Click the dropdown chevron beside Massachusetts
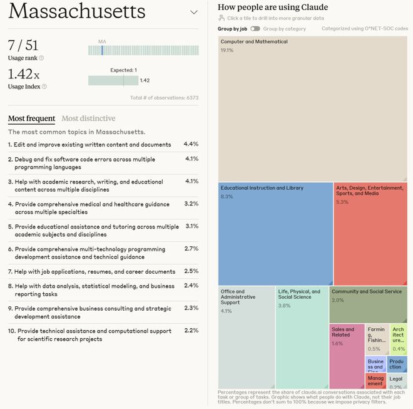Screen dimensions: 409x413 [x=193, y=13]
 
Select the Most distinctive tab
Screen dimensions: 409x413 [x=88, y=118]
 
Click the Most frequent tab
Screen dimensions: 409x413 [x=31, y=118]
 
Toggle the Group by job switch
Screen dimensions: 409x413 [x=255, y=29]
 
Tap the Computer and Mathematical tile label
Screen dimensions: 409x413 [x=254, y=42]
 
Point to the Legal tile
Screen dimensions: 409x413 [x=396, y=381]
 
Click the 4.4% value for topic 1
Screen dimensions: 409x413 [x=191, y=144]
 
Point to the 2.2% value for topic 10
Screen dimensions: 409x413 [x=191, y=330]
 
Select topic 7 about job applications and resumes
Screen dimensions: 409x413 [x=91, y=272]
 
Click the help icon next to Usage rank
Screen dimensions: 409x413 [x=41, y=58]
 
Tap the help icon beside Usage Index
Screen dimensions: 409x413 [x=44, y=86]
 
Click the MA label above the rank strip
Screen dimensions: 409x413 [x=102, y=41]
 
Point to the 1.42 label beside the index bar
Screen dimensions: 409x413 [x=145, y=80]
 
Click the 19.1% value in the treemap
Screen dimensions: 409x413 [x=227, y=50]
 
